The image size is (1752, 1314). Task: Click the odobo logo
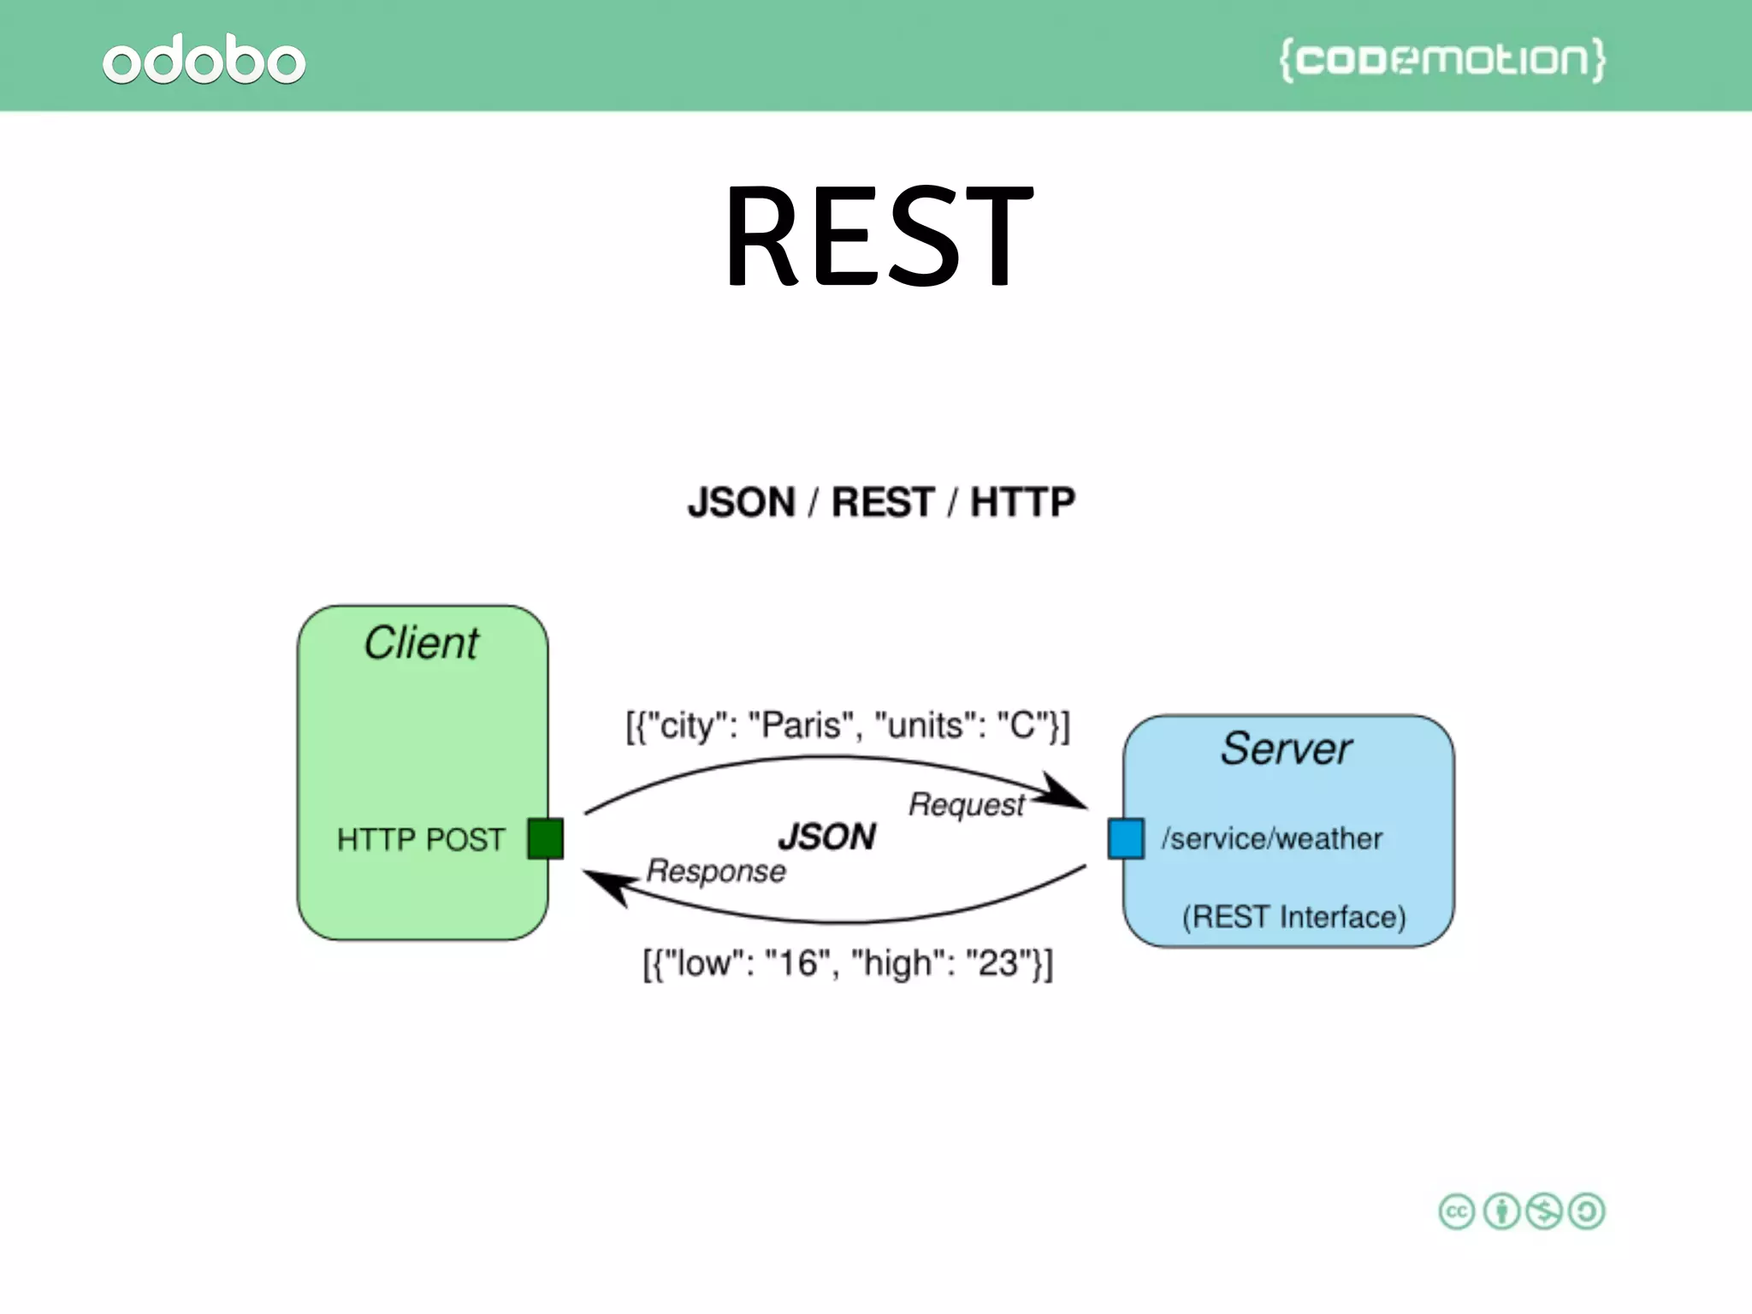(204, 60)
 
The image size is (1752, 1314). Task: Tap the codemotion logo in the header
(1442, 60)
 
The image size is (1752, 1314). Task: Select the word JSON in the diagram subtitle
(742, 502)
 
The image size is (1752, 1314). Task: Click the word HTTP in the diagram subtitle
(1022, 502)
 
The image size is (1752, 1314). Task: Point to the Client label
(421, 643)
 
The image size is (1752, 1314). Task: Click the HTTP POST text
(420, 839)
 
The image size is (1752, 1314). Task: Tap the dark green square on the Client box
(545, 838)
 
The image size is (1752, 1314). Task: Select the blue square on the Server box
(1126, 838)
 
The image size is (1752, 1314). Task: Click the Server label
(1286, 749)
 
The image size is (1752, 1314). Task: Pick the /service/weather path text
(1271, 838)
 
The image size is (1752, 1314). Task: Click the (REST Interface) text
(1293, 917)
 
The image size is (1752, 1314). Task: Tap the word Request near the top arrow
(966, 805)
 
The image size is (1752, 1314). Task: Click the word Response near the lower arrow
(716, 871)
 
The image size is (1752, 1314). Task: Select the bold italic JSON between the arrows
(827, 837)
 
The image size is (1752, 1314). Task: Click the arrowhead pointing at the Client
(607, 885)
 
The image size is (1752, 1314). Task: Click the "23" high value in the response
(997, 963)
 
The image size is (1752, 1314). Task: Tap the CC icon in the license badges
(1456, 1211)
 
